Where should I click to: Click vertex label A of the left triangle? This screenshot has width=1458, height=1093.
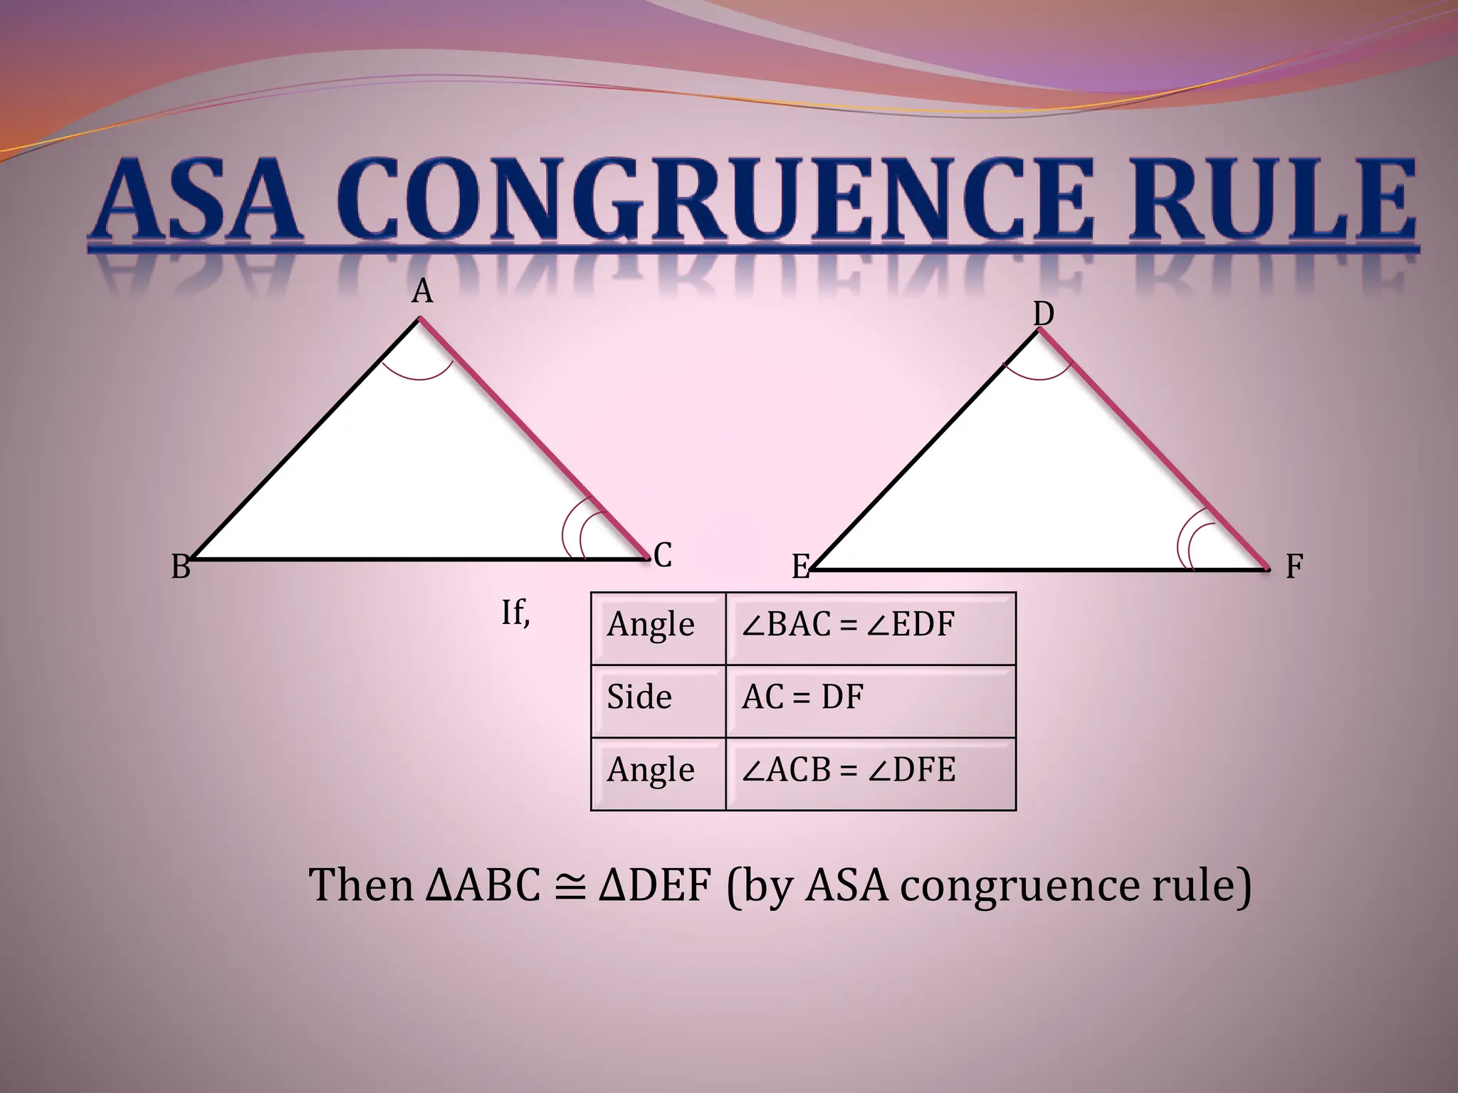point(422,292)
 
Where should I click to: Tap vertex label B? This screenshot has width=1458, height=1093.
point(181,567)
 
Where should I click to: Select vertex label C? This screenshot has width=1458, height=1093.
point(662,555)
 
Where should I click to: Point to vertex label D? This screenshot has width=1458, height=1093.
point(1043,313)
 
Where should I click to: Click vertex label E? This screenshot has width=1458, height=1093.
point(801,567)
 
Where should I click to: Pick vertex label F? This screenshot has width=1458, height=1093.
point(1294,567)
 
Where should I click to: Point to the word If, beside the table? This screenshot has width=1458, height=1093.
point(515,613)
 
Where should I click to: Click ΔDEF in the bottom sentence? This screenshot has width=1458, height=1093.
point(655,886)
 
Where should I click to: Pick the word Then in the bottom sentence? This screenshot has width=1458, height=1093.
point(361,886)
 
